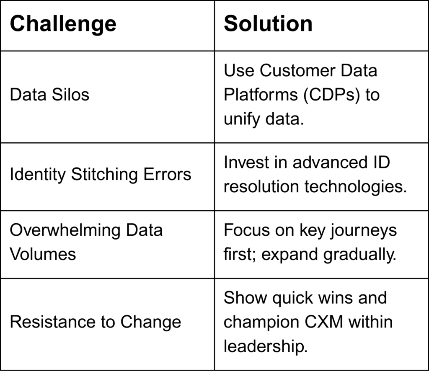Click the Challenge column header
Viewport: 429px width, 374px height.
click(63, 24)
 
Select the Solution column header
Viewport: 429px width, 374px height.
click(268, 23)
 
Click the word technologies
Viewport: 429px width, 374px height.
click(356, 187)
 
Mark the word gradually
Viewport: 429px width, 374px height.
click(360, 255)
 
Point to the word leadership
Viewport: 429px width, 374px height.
click(266, 346)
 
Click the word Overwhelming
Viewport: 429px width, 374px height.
click(65, 230)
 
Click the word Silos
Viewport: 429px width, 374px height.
click(70, 95)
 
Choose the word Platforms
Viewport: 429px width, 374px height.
click(261, 95)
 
